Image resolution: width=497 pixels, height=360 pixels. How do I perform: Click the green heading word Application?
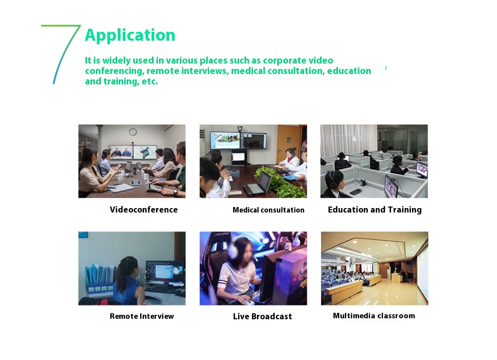click(x=130, y=35)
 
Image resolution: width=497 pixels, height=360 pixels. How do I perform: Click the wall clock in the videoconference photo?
click(x=133, y=132)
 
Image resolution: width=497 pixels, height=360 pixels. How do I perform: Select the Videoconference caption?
click(x=144, y=210)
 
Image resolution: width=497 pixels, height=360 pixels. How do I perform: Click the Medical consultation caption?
click(x=268, y=210)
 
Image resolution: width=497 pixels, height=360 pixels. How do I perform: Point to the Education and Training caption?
click(x=375, y=210)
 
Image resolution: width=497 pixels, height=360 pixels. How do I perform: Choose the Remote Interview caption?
click(x=142, y=316)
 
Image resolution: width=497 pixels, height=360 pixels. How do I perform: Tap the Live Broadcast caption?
click(x=262, y=316)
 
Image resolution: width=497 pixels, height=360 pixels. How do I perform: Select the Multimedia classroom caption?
click(x=374, y=316)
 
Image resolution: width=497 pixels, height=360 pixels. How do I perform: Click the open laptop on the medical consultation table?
click(x=257, y=184)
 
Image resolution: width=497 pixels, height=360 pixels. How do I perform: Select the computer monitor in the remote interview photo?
click(x=165, y=272)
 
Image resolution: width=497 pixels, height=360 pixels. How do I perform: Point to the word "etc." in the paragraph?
click(x=150, y=81)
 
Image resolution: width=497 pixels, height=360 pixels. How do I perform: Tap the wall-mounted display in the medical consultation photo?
click(x=239, y=140)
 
